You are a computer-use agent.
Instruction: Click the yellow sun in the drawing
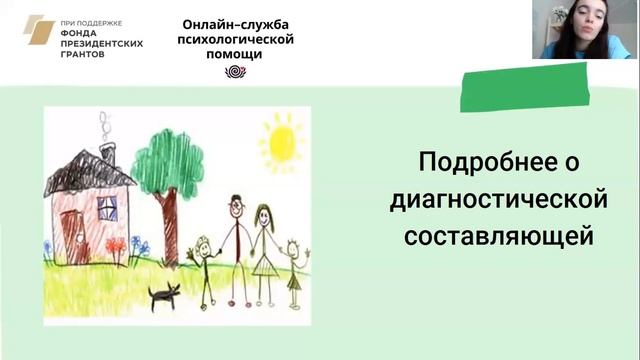(x=281, y=141)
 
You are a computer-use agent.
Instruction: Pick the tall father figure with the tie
(x=234, y=240)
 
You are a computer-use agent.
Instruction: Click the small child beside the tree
(x=205, y=261)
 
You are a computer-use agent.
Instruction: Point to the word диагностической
(x=498, y=200)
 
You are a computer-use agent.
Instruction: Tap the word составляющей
(x=498, y=237)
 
